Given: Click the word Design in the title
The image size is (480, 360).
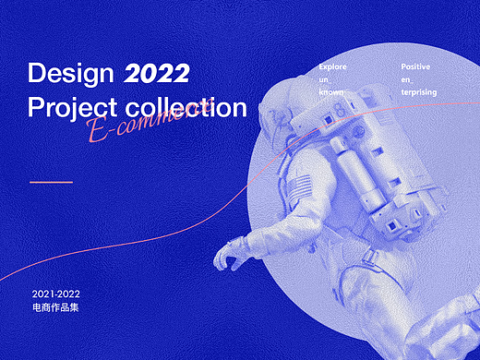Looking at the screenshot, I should point(69,73).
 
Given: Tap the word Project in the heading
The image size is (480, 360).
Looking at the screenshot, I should point(68,107).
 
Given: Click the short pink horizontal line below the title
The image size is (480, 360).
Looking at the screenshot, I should point(51,182).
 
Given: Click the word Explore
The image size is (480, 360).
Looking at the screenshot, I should point(333,67).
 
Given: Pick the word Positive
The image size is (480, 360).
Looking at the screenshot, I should point(415,67).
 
